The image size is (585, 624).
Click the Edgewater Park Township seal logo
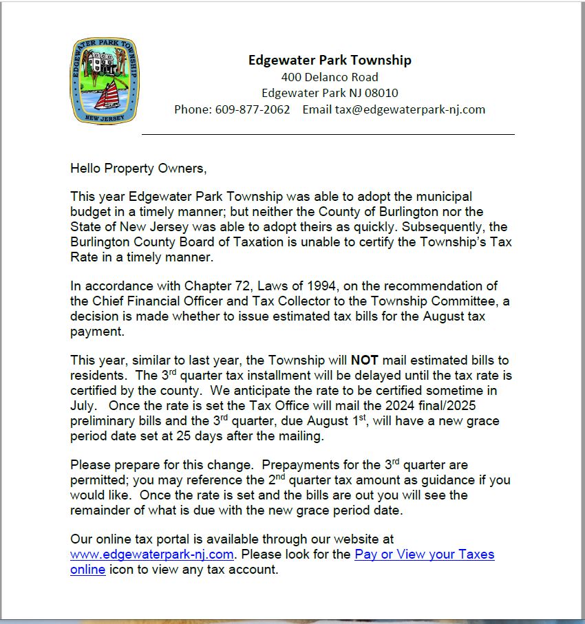click(105, 81)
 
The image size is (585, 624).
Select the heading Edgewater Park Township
click(330, 60)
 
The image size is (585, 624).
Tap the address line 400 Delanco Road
click(330, 76)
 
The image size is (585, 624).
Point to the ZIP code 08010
click(381, 93)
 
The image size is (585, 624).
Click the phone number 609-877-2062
click(253, 109)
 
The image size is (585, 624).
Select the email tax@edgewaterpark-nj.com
click(410, 109)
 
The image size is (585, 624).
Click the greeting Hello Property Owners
click(138, 167)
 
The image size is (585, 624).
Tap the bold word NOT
click(365, 360)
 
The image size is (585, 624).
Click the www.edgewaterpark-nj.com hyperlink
click(153, 555)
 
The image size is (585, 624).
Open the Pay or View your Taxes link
click(424, 555)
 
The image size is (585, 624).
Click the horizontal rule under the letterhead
click(328, 134)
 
